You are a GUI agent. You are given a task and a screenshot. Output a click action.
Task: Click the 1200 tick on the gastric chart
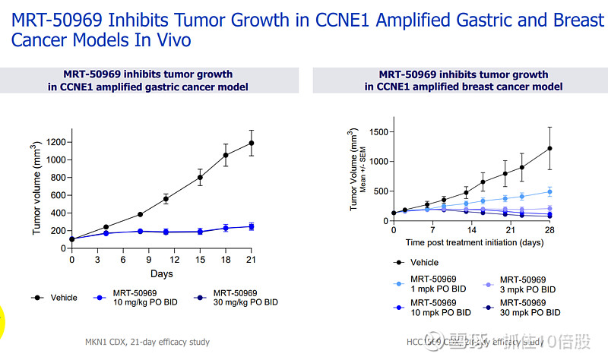[x=55, y=142]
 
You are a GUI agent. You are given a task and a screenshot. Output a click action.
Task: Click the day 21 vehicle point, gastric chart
[x=251, y=143]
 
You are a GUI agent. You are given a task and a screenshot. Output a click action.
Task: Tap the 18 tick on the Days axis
[x=226, y=260]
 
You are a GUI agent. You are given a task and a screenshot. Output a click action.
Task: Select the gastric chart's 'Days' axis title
[x=161, y=273]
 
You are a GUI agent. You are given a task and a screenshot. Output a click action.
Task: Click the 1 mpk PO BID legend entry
[x=437, y=285]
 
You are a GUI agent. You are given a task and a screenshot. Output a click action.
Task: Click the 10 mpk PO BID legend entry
[x=437, y=308]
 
